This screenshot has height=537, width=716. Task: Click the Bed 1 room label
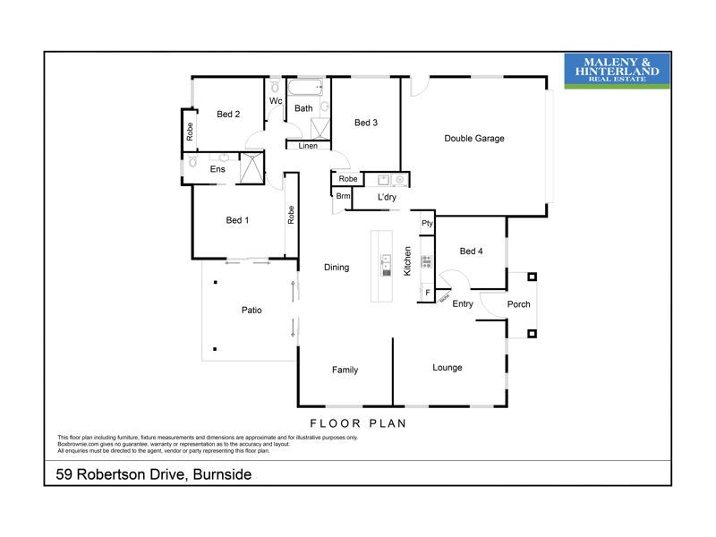[237, 220]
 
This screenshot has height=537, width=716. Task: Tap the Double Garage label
[474, 139]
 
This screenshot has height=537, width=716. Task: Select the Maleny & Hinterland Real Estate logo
[617, 71]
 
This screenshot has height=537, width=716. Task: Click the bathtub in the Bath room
[304, 89]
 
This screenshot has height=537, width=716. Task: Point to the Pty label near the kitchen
[427, 224]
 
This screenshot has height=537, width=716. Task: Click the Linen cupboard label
[308, 146]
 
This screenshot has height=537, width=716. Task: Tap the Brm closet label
[343, 197]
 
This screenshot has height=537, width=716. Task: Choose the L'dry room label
[387, 197]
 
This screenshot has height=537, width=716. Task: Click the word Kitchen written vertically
[407, 260]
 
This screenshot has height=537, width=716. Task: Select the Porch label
[519, 304]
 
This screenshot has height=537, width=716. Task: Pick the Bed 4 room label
[471, 251]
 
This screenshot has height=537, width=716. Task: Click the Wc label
[277, 101]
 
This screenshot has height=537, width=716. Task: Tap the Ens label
[217, 168]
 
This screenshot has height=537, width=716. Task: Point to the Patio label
[251, 311]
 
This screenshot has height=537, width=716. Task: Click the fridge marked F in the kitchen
[428, 293]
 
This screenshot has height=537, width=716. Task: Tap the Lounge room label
[447, 368]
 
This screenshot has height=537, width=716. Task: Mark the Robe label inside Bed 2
[190, 132]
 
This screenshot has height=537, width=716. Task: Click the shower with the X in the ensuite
[253, 166]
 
